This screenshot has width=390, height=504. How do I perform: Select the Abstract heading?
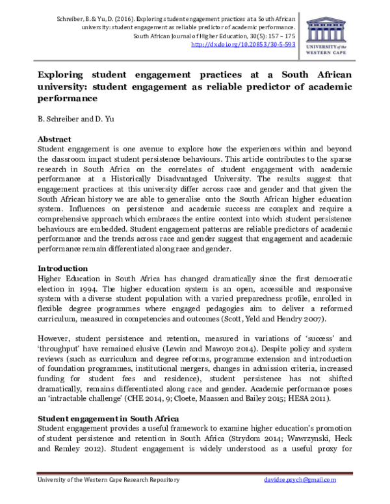click(55, 139)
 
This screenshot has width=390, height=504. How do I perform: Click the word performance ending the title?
click(67, 99)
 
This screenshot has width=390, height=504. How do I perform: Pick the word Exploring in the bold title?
click(65, 75)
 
